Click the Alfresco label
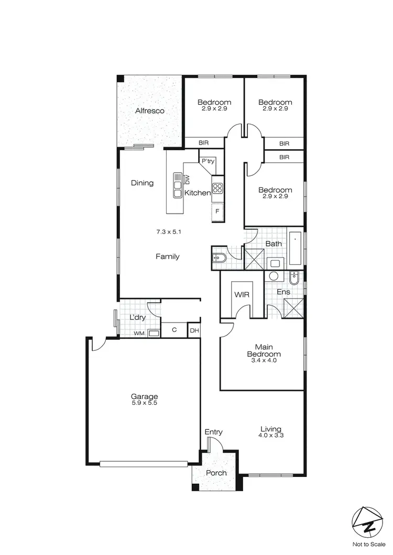click(x=150, y=111)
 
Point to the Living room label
click(x=270, y=429)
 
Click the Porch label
click(x=216, y=473)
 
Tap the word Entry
click(x=214, y=432)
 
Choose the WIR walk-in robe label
click(x=242, y=295)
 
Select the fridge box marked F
click(x=217, y=211)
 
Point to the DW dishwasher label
click(x=187, y=180)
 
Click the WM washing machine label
click(x=139, y=333)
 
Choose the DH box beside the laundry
click(x=194, y=330)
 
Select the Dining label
click(x=143, y=183)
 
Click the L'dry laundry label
click(x=137, y=318)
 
